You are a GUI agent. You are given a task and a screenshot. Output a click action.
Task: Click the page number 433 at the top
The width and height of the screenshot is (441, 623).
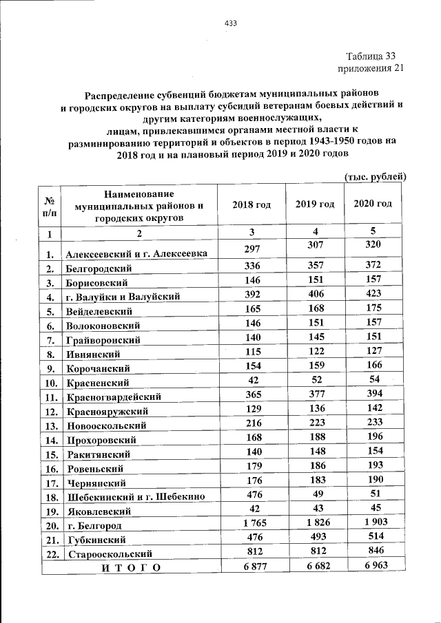pos(230,23)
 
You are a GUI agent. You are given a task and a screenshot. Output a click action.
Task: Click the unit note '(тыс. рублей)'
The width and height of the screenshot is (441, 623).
pos(374,177)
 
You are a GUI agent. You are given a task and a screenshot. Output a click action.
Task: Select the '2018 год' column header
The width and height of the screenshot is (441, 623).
pos(252,204)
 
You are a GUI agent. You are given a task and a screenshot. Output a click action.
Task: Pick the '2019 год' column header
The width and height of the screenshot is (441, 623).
pos(315,204)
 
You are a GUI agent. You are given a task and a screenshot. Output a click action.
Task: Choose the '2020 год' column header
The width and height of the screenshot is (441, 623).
pos(373,204)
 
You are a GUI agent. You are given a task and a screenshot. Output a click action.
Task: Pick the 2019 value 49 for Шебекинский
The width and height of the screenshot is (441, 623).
pos(315,495)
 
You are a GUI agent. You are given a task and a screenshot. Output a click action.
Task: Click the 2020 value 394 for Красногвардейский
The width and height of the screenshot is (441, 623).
pos(373,394)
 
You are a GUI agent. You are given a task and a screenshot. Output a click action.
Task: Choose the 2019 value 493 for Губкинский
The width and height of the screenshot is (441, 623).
pos(315,538)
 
